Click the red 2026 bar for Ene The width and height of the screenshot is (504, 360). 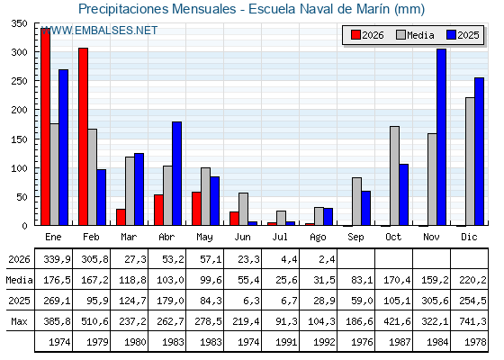pos(45,127)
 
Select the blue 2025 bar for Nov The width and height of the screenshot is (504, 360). pos(441,137)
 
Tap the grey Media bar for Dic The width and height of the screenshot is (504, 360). pos(470,161)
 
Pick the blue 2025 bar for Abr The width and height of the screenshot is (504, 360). pos(176,174)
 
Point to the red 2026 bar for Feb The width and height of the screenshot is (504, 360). pos(83,137)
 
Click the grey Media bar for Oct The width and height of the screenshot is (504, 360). pos(394,175)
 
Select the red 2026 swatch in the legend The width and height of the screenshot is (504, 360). pos(355,35)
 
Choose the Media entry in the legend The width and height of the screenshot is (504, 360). pos(415,35)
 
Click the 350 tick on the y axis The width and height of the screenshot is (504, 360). pos(19,23)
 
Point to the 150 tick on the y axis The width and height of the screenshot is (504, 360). pos(19,139)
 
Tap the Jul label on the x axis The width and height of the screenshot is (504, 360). pos(280,237)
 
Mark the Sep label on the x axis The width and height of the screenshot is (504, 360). pos(355,237)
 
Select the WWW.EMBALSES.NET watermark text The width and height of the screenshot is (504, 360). pos(99,31)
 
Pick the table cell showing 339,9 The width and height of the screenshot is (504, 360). pos(57,259)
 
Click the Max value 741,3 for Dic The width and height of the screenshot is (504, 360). pos(472,321)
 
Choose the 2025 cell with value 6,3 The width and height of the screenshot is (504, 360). pos(251,301)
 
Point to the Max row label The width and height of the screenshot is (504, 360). pos(19,321)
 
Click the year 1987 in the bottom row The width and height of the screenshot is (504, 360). pos(400,342)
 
